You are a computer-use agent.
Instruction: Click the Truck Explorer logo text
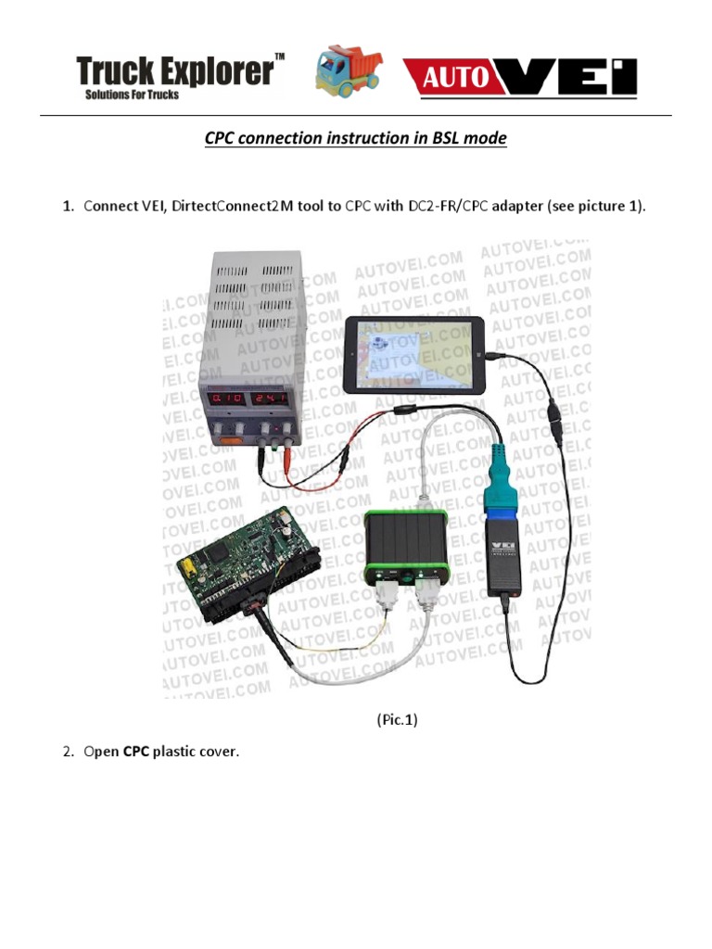point(174,70)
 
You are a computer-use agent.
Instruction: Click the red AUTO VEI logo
point(520,76)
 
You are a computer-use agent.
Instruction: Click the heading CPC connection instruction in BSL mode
point(355,139)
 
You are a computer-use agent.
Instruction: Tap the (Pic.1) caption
point(397,719)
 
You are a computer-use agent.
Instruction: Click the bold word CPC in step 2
point(136,752)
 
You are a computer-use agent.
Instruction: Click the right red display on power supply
point(277,399)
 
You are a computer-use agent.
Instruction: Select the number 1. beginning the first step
point(69,206)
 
